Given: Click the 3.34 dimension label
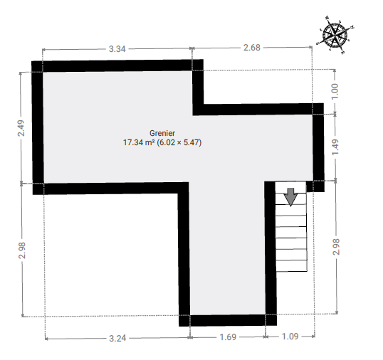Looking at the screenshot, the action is click(117, 49).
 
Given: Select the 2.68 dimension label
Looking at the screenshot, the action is click(252, 48).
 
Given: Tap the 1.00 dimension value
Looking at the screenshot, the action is click(335, 91).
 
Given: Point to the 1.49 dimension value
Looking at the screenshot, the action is click(335, 147).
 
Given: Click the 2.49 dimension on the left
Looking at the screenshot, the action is click(21, 128).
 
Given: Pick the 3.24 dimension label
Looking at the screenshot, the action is click(117, 339).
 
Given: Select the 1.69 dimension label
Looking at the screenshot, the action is click(228, 337).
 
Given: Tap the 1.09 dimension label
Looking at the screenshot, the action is click(290, 337).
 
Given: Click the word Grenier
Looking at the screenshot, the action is click(162, 133).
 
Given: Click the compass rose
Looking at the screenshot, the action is click(335, 35).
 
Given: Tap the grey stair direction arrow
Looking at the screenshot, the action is click(290, 197).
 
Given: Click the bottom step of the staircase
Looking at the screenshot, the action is click(291, 266).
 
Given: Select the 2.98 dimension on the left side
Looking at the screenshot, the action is click(22, 250).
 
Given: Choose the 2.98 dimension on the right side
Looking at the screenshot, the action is click(336, 247).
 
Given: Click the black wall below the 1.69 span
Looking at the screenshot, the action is click(228, 320).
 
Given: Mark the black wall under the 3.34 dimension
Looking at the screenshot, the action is click(117, 66).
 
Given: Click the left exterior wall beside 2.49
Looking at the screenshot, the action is click(38, 127).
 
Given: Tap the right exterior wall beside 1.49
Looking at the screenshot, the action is click(318, 147).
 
